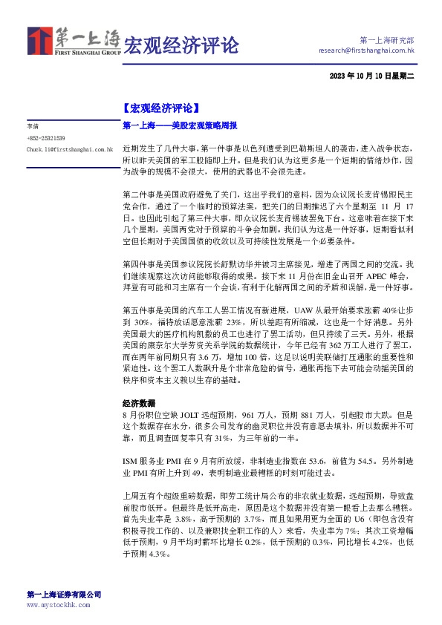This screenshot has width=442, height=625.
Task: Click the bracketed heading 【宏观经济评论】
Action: point(160,108)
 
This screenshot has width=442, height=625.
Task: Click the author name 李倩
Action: point(32,127)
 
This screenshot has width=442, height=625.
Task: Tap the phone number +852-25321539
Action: point(45,138)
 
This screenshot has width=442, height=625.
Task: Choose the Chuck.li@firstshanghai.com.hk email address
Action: point(68,149)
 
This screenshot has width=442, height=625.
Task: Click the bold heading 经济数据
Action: point(138,404)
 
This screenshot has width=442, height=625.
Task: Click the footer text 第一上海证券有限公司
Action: point(63,595)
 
